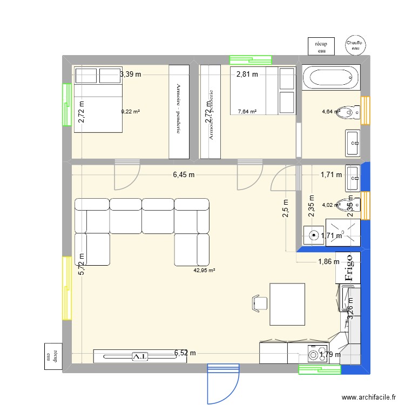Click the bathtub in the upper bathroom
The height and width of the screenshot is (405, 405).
tap(330, 78)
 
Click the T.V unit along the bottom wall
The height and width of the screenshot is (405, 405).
tap(139, 356)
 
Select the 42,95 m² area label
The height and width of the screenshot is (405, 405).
tap(205, 271)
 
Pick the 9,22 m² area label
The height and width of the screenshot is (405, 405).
tap(131, 112)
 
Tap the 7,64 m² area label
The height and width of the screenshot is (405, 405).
tap(247, 112)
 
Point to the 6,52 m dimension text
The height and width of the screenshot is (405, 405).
tap(185, 354)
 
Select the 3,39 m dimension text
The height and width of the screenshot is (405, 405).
tap(130, 75)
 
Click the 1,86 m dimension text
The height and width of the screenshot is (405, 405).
tap(328, 262)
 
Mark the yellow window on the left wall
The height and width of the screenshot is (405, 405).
tap(67, 287)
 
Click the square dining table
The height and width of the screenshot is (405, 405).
tap(287, 305)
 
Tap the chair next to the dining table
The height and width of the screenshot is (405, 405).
tap(259, 303)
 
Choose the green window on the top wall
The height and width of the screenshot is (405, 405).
tap(249, 60)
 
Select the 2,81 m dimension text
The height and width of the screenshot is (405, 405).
tap(247, 75)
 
